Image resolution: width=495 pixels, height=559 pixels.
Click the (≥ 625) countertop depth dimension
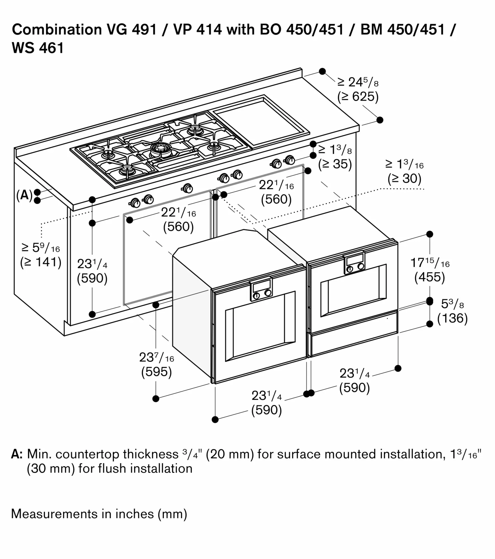point(358,97)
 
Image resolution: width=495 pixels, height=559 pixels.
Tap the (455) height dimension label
point(430,277)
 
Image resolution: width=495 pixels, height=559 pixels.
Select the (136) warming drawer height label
point(452,318)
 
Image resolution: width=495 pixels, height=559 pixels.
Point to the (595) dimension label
point(157,372)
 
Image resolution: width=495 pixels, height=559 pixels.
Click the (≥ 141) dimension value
point(41,262)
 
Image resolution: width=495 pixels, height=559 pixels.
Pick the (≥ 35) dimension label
point(335,164)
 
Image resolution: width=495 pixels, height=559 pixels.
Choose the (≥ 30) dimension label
point(404,179)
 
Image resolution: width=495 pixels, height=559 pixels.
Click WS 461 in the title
point(38,48)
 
